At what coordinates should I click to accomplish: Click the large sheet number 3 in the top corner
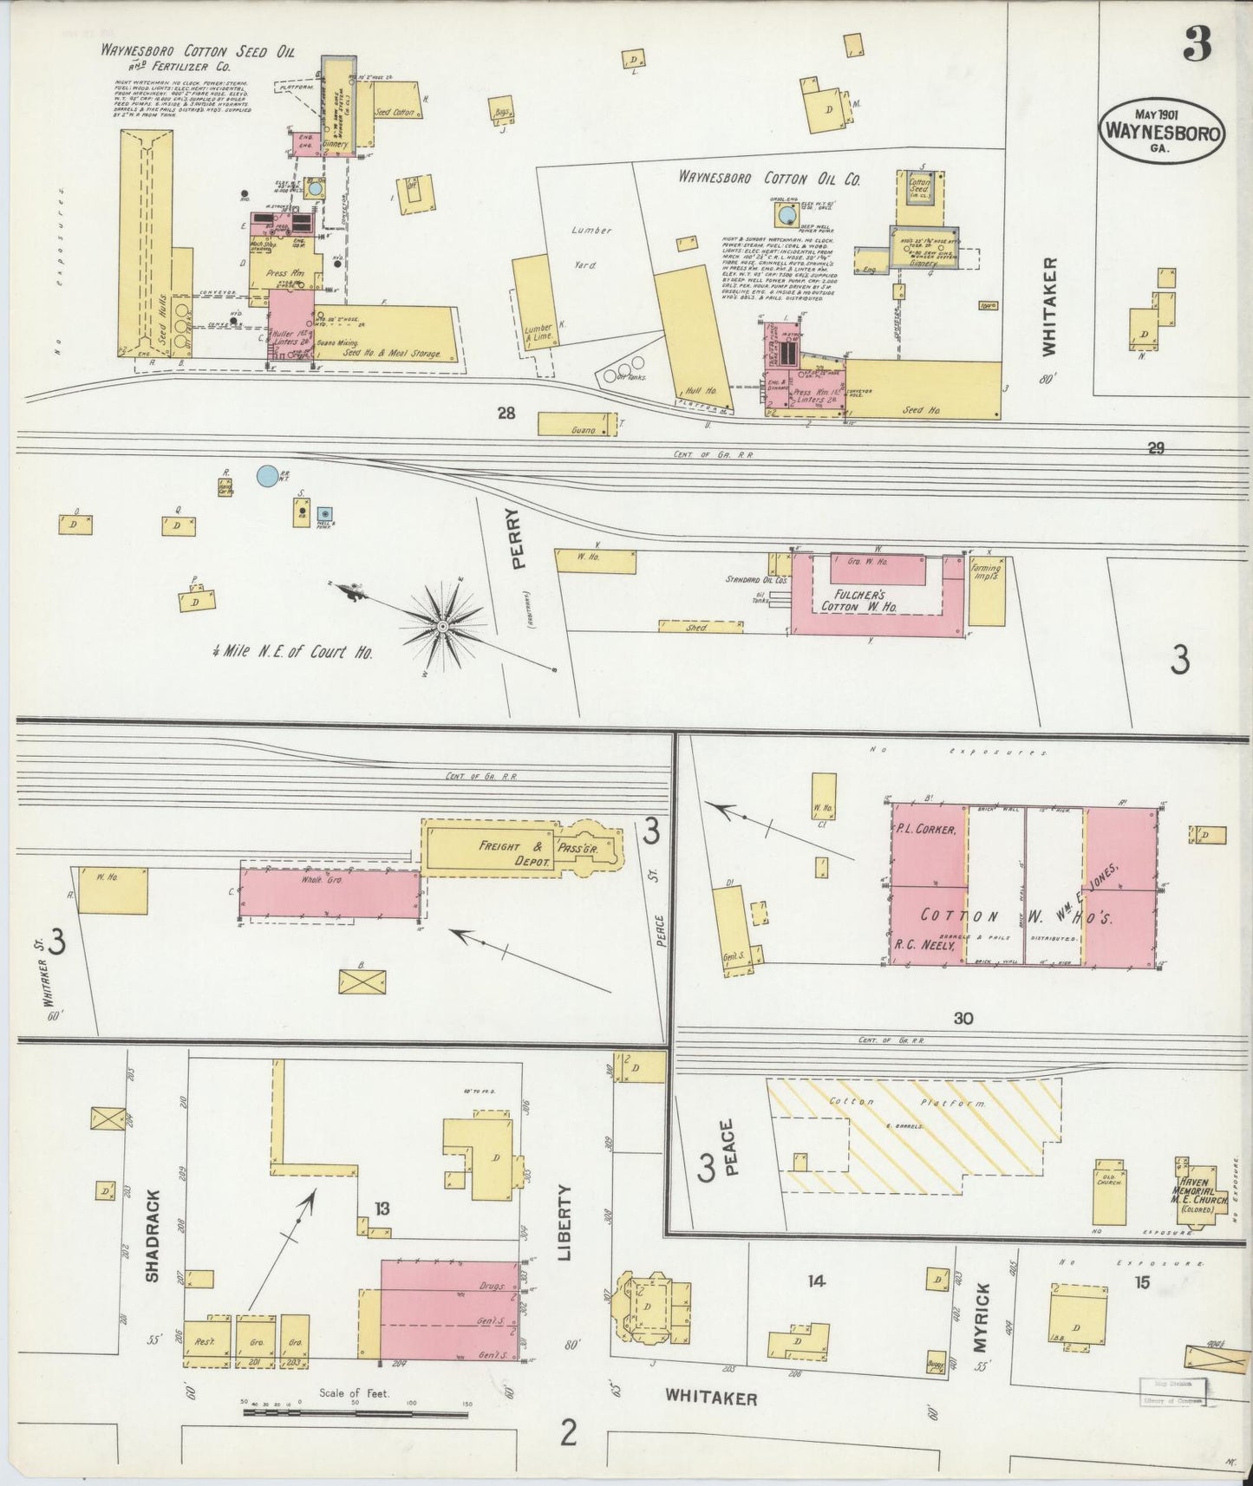pyautogui.click(x=1198, y=44)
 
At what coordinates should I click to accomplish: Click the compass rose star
pyautogui.click(x=443, y=624)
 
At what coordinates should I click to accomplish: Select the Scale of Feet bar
pyautogui.click(x=356, y=1412)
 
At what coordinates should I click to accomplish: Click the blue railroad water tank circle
pyautogui.click(x=268, y=475)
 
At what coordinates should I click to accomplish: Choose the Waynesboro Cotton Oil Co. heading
pyautogui.click(x=768, y=179)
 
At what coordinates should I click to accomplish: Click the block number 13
pyautogui.click(x=382, y=1208)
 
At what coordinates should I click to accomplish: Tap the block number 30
pyautogui.click(x=963, y=1018)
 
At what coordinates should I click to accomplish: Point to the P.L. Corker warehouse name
pyautogui.click(x=926, y=829)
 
